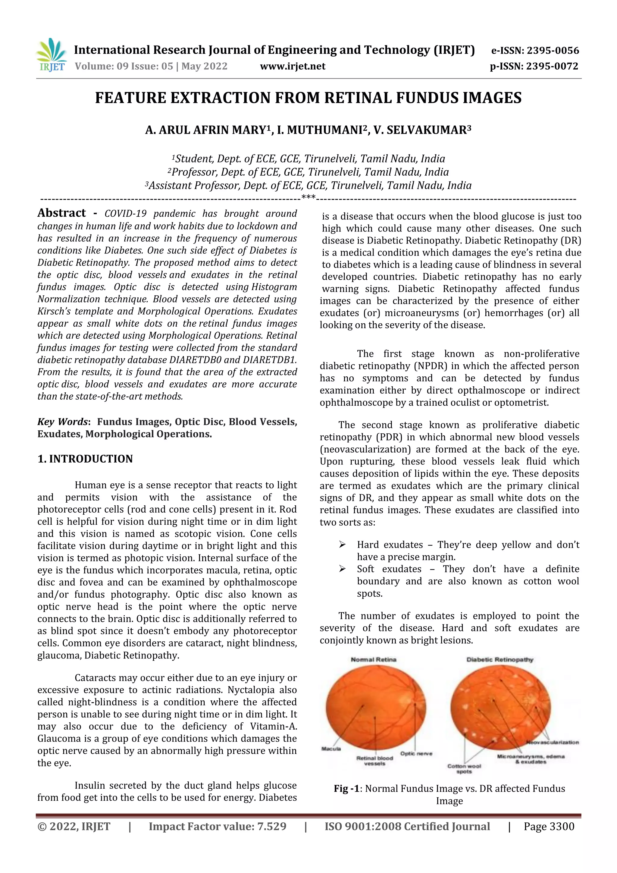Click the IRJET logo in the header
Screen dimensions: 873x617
pos(51,55)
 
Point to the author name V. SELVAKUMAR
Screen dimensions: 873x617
pos(422,130)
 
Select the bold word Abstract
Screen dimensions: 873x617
pos(61,213)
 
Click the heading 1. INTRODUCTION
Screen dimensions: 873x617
pos(85,459)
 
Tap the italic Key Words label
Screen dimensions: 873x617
pos(63,422)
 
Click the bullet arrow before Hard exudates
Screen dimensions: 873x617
pos(342,545)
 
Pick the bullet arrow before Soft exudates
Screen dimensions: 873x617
pos(342,569)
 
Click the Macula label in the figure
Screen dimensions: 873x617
pos(331,749)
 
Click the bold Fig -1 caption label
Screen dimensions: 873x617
pos(349,789)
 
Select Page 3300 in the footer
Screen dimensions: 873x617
pos(549,827)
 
